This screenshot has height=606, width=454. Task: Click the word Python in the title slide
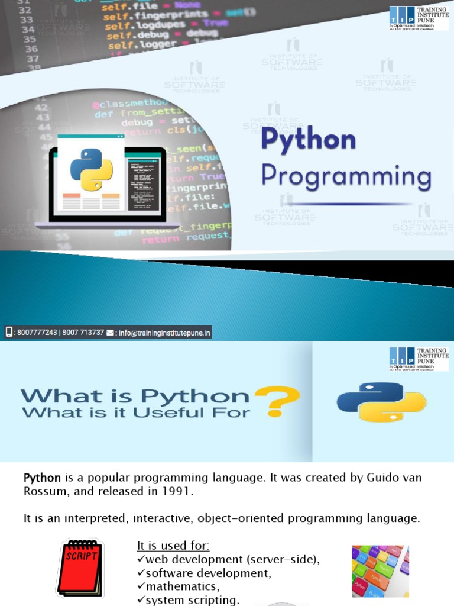[x=309, y=140]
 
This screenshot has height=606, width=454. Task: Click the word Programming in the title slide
[x=346, y=176]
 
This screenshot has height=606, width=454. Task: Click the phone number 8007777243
[x=37, y=333]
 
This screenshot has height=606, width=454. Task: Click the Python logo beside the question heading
[x=381, y=402]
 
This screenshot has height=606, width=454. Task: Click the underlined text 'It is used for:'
[x=173, y=545]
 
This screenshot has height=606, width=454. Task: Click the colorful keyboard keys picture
[x=380, y=570]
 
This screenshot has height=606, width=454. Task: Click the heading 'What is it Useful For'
[x=135, y=412]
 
